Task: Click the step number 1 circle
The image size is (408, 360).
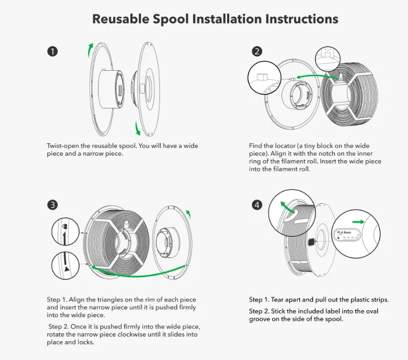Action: pyautogui.click(x=52, y=51)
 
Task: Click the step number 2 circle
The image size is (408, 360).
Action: pyautogui.click(x=257, y=51)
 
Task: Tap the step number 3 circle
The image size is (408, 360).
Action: pyautogui.click(x=52, y=205)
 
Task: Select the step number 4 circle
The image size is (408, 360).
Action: pyautogui.click(x=257, y=205)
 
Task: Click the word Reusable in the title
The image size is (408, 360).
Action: pyautogui.click(x=121, y=19)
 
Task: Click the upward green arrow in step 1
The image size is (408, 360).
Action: pyautogui.click(x=90, y=50)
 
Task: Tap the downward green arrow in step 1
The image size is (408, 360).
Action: pyautogui.click(x=137, y=128)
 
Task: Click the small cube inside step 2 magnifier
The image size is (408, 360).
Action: pyautogui.click(x=262, y=78)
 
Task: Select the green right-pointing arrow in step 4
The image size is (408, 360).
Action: pyautogui.click(x=358, y=222)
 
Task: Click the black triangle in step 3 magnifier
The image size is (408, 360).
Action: pyautogui.click(x=67, y=269)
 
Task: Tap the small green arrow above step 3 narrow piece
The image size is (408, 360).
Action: pyautogui.click(x=189, y=214)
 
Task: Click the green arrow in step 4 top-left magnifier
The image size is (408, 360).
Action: pyautogui.click(x=287, y=208)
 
